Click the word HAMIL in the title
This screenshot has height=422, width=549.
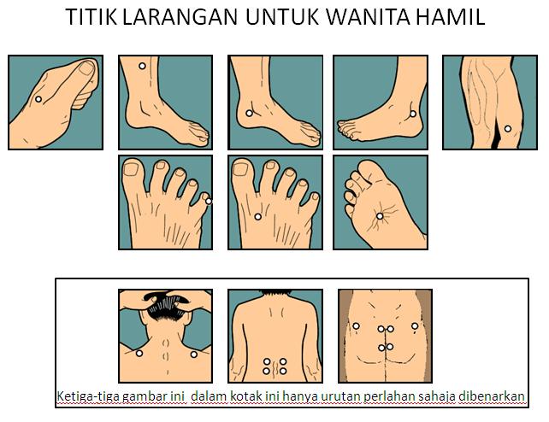[451, 16]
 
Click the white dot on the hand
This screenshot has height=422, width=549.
[38, 99]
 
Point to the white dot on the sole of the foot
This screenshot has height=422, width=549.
[380, 216]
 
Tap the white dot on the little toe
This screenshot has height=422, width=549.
[209, 201]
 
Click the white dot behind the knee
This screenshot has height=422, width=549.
[507, 129]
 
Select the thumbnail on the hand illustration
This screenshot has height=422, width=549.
[86, 67]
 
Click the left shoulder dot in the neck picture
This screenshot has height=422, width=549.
[139, 353]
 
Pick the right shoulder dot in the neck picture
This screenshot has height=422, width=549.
[193, 355]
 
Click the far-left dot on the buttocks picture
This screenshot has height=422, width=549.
[356, 325]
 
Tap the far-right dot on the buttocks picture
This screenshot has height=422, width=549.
[415, 325]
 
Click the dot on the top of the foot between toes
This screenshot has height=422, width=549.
[257, 217]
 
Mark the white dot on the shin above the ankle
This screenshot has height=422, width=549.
[142, 66]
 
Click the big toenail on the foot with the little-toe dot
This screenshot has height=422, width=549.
[132, 169]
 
